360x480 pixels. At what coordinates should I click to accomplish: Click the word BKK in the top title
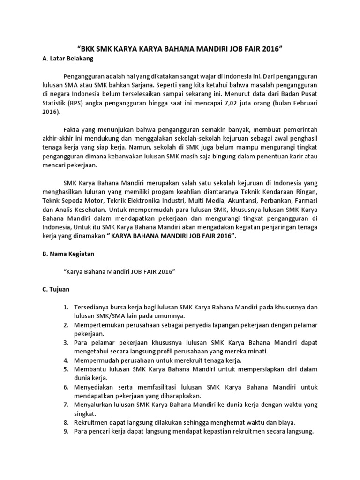tap(90, 48)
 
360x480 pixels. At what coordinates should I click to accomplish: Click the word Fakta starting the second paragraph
tap(72, 129)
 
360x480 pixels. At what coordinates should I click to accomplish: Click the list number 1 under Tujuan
tap(66, 307)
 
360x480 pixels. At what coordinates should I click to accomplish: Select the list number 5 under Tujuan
tap(66, 369)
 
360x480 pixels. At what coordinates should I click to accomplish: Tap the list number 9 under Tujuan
tap(66, 431)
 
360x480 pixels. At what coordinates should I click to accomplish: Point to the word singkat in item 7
tap(86, 413)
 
